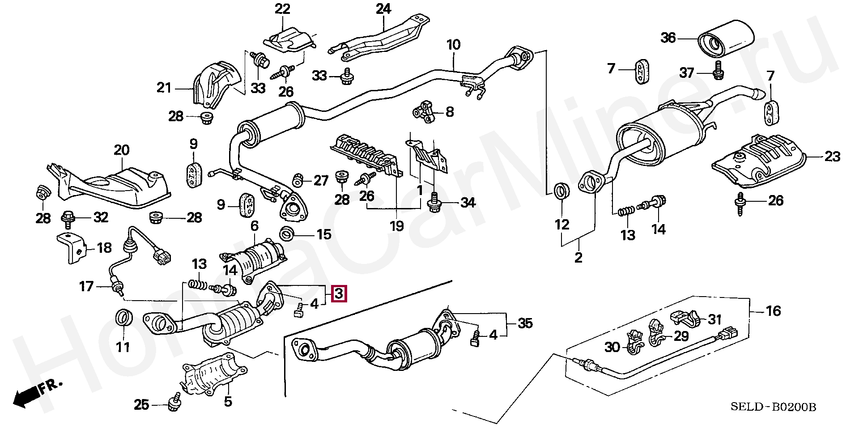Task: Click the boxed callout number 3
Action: [x=339, y=294]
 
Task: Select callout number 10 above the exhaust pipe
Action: [x=453, y=45]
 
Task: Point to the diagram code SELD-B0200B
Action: [x=773, y=407]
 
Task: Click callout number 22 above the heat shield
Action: [x=282, y=8]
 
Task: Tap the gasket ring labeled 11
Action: [x=124, y=318]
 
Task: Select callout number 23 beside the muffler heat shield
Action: [x=832, y=157]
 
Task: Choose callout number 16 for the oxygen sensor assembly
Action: [x=773, y=310]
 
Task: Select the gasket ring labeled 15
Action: [x=287, y=234]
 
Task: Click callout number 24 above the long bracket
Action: [x=383, y=8]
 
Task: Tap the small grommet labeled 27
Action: [x=298, y=180]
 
